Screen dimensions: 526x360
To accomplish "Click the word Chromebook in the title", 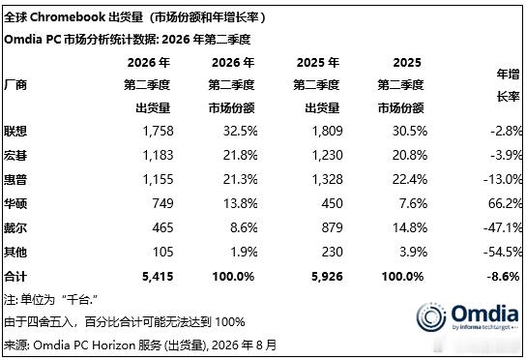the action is coord(68,17).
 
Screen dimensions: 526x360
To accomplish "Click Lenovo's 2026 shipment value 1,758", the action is coord(158,131).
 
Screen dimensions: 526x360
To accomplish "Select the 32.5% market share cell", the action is coord(240,131).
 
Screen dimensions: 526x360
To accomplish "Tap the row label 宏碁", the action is coord(15,156).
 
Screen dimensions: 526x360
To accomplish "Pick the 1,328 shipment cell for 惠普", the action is coord(328,179).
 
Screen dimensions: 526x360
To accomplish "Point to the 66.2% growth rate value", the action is coord(505,203).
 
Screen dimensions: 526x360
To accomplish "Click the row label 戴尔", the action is coord(15,228).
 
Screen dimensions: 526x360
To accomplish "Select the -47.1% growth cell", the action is coord(503,228).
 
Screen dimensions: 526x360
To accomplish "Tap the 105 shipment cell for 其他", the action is coord(163,252).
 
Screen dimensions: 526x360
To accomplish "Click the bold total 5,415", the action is coord(158,277).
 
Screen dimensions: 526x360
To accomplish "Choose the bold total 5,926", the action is coord(327,277).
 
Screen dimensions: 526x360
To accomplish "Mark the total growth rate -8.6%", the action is coord(503,277).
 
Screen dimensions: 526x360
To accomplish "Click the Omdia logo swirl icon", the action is coord(431,316).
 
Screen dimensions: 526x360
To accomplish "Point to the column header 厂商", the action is coord(15,85).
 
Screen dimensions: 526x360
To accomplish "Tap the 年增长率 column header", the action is coord(508,85).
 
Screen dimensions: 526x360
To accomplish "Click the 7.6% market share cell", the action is coord(413,203).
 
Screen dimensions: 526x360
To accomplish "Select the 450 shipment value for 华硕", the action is coord(332,203).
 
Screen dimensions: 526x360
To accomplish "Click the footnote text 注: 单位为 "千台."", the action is coord(50,300).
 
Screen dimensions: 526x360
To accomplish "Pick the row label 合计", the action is coord(15,277).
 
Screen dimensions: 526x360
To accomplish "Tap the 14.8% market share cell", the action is coord(410,228).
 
